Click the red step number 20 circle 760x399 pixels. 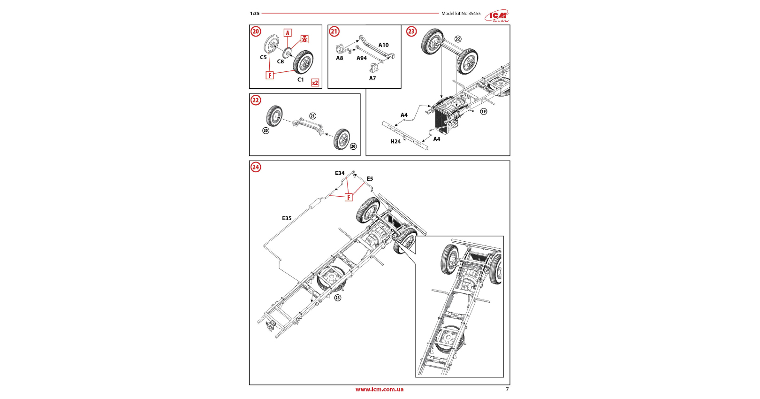tap(256, 31)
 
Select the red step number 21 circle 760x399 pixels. tap(334, 31)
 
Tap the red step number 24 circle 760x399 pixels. tap(256, 167)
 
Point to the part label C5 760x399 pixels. tap(263, 57)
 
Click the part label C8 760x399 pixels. tap(281, 61)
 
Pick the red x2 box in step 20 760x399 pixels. tap(315, 83)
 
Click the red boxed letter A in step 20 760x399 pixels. tap(288, 33)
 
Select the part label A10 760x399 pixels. tap(384, 45)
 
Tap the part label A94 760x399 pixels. tap(362, 58)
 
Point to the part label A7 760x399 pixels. tap(372, 78)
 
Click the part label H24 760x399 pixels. tap(395, 141)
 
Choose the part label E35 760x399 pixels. tap(287, 218)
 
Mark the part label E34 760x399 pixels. tap(340, 173)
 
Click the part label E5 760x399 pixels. tap(370, 179)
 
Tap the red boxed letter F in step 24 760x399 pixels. tap(349, 198)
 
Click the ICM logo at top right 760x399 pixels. tap(497, 16)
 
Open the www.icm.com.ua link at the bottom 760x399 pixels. tap(379, 389)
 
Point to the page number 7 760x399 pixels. tap(507, 389)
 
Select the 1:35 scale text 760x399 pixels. tap(255, 14)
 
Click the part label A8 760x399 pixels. tap(340, 58)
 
